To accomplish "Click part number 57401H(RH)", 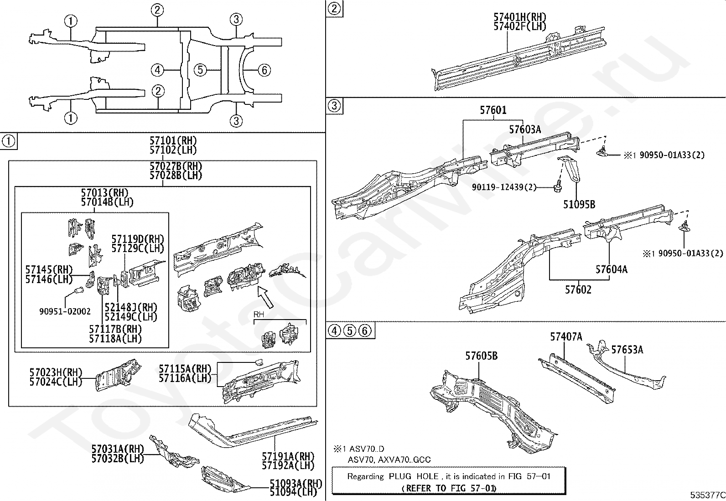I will (519, 17).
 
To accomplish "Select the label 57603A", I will (525, 130).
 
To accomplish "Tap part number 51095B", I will (579, 205).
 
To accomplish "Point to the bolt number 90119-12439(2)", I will (504, 187).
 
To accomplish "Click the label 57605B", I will (481, 356).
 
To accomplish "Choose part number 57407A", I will (566, 337).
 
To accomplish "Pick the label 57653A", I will (627, 350).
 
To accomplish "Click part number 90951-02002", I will (65, 311).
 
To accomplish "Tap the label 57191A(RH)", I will (288, 456).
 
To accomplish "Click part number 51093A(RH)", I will (296, 483).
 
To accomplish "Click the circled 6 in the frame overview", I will (264, 70).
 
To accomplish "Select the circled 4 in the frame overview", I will (157, 70).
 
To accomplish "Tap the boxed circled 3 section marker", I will (334, 106).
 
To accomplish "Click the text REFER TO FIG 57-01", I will (448, 488).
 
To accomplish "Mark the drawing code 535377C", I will (706, 495).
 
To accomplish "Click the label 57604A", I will (611, 269).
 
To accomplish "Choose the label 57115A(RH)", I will (185, 369).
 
